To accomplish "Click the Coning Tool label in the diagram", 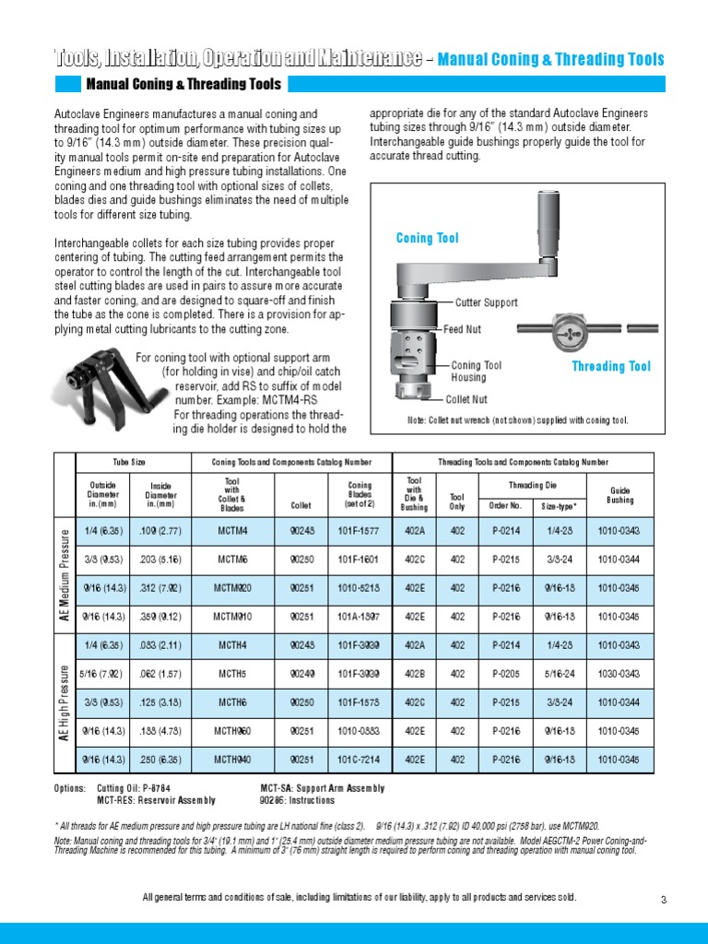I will point(427,239).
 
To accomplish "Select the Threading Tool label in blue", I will point(611,367).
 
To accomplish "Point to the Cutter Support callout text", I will point(487,302).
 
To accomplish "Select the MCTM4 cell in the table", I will point(232,530).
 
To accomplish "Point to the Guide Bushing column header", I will point(619,495).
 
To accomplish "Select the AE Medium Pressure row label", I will point(65,573).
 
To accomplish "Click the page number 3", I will point(663,900).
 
